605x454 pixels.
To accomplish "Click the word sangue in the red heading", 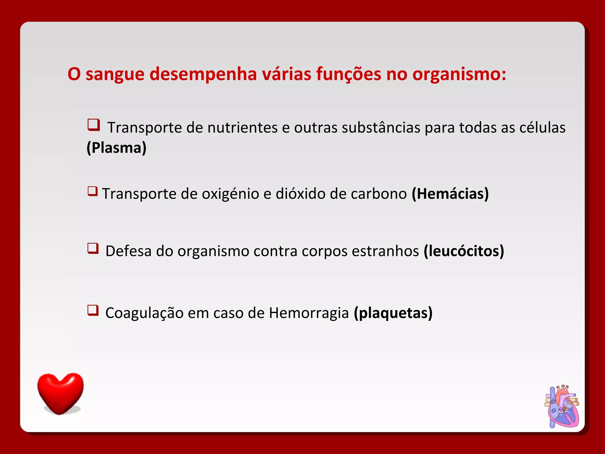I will (115, 74).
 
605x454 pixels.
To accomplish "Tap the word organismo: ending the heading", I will (459, 74).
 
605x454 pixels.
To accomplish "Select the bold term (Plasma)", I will (116, 148).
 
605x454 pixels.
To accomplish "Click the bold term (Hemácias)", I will (450, 194).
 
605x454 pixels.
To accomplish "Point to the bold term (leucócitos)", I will (464, 251).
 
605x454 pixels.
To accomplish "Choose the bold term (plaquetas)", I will (393, 313).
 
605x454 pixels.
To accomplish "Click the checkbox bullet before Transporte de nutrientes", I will (94, 125).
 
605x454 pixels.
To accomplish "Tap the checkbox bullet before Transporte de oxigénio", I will (92, 191).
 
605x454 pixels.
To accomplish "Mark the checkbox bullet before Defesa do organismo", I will (93, 248).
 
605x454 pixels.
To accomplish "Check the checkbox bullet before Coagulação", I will (93, 310).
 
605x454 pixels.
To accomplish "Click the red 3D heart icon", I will (61, 393).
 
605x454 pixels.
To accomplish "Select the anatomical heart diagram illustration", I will (562, 406).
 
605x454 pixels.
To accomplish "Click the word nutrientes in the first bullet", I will (242, 128).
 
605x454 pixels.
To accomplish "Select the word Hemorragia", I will (309, 313).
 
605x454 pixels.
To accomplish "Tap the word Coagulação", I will (144, 313).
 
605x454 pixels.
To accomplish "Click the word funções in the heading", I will (349, 74).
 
